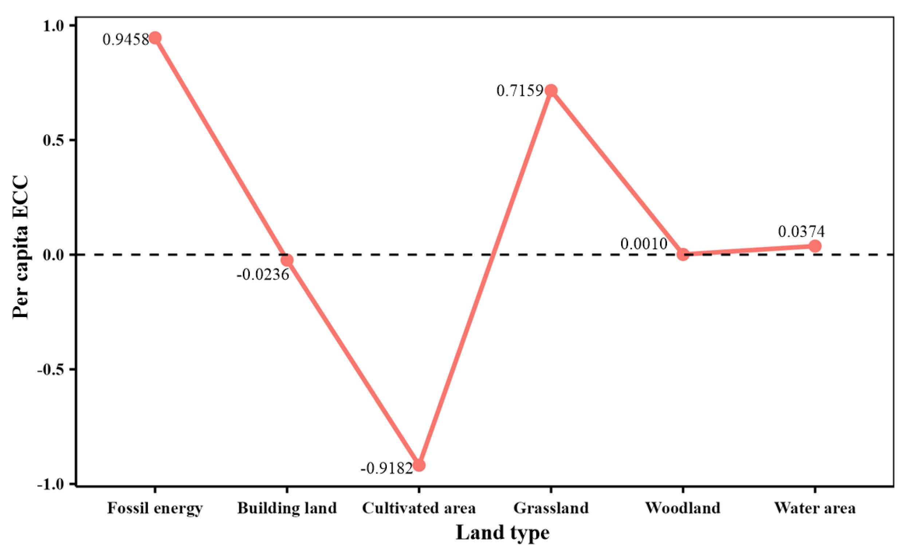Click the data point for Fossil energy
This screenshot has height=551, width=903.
tap(155, 38)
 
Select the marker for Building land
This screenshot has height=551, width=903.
tap(287, 260)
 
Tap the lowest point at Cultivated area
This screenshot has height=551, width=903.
tap(419, 466)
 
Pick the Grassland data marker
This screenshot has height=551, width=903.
tap(551, 90)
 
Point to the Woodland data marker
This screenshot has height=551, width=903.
tap(683, 254)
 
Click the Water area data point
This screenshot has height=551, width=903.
tap(815, 246)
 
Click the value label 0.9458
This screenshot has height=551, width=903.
tap(125, 40)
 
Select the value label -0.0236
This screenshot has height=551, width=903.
tap(263, 274)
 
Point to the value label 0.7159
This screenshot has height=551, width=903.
tap(519, 91)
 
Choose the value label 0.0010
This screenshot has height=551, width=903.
tap(644, 244)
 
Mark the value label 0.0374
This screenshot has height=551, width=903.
tap(801, 232)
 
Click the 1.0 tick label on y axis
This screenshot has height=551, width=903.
tap(53, 26)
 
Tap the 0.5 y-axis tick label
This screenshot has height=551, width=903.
tap(53, 140)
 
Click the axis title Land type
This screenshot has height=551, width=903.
tap(502, 533)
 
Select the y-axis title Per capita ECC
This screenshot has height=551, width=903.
tap(20, 247)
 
